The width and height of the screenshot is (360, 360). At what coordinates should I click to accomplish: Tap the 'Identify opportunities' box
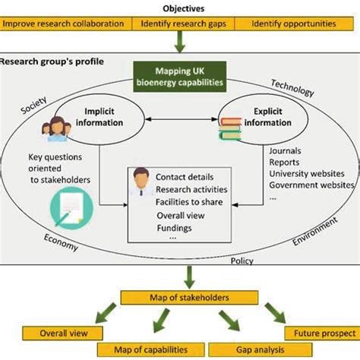click(x=294, y=24)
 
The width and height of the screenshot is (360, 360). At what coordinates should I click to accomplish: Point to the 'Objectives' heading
click(x=182, y=8)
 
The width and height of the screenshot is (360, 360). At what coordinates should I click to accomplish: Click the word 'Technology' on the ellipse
click(x=292, y=90)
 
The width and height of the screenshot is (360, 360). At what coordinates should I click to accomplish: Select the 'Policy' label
click(x=242, y=261)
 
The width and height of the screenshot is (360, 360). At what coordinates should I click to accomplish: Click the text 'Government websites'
click(x=312, y=185)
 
